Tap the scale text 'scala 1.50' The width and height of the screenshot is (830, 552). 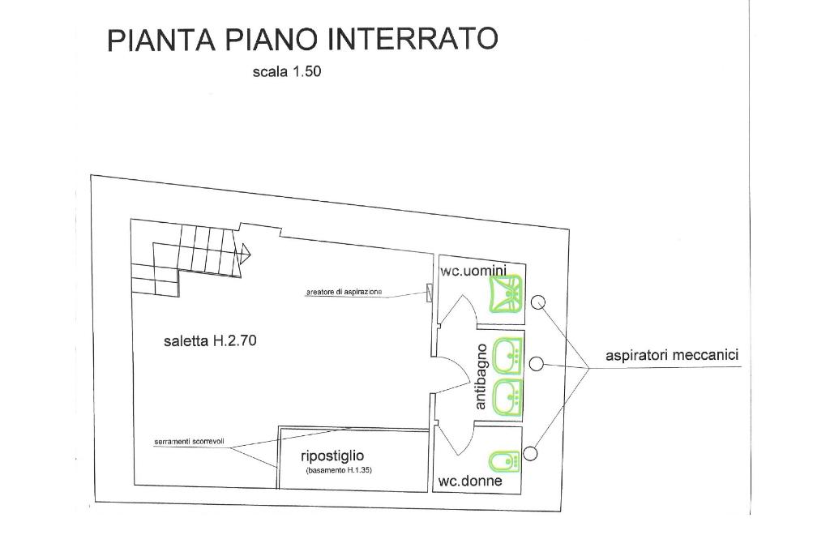[x=287, y=71]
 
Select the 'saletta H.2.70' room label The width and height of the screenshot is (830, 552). [x=210, y=341]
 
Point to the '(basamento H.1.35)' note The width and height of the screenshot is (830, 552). [x=338, y=471]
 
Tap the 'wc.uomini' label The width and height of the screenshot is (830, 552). [x=473, y=271]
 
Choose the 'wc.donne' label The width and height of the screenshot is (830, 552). [x=470, y=481]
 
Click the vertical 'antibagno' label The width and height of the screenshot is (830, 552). [x=481, y=376]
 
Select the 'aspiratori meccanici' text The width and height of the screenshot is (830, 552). [x=672, y=355]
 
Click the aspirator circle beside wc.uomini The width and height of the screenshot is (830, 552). [x=539, y=303]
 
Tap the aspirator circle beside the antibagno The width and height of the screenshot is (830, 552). [x=536, y=364]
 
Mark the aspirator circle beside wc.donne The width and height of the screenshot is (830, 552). [x=531, y=452]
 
